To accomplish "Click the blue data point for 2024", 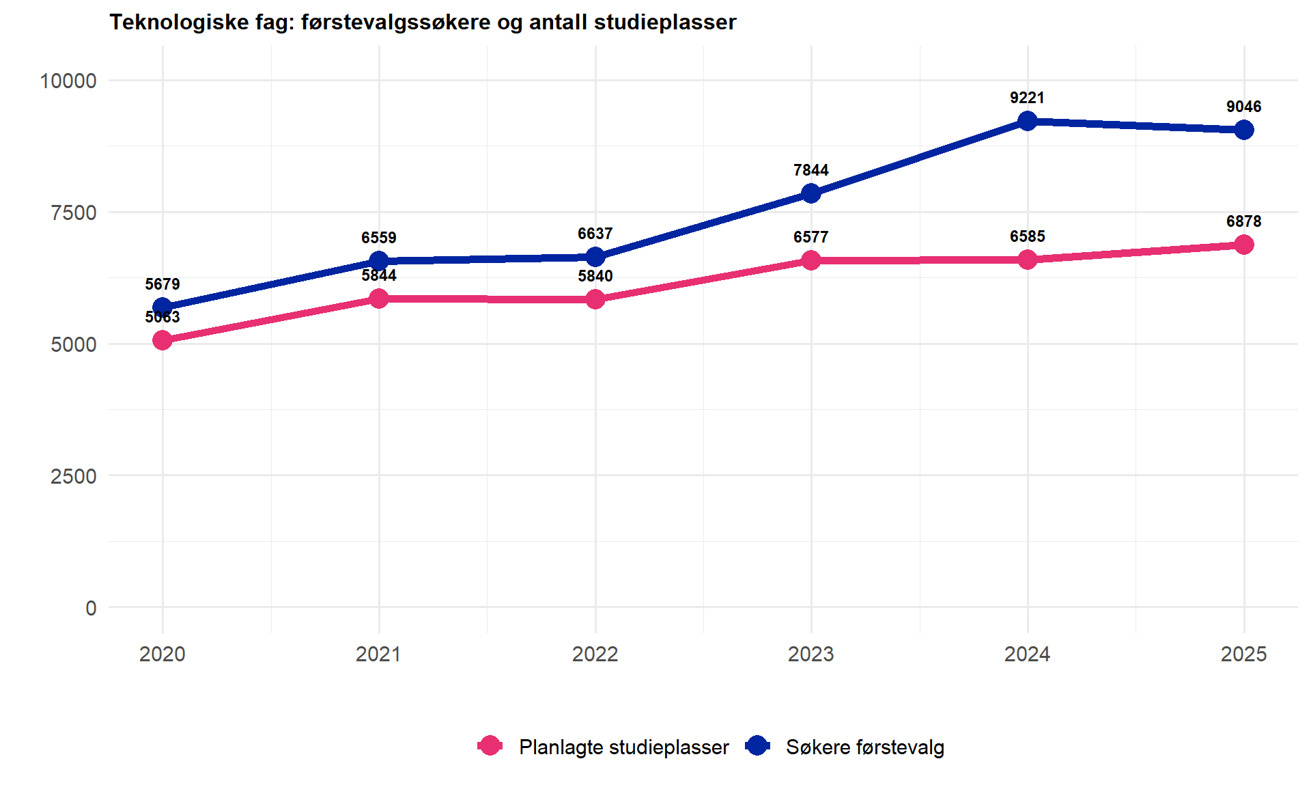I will click(x=1027, y=122).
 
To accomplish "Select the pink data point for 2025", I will click(x=1243, y=245).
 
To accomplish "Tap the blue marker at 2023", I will click(x=811, y=193).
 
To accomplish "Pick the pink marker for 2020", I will click(x=163, y=340).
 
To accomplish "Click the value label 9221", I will click(x=1027, y=98).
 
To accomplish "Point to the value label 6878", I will click(x=1243, y=221).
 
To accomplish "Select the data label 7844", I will click(x=811, y=170).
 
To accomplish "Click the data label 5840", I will click(x=595, y=276).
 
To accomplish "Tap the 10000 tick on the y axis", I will click(x=68, y=81).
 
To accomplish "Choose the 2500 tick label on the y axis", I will click(x=73, y=476).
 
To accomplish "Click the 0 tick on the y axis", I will click(x=91, y=608).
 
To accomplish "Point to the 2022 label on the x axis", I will click(x=595, y=654).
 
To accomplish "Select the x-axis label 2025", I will click(x=1243, y=654).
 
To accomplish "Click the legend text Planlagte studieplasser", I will click(x=623, y=747).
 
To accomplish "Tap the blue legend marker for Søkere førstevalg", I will click(x=757, y=746).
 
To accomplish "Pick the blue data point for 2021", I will click(x=379, y=261).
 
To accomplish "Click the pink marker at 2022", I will click(x=595, y=299).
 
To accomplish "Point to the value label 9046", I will click(x=1243, y=107).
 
